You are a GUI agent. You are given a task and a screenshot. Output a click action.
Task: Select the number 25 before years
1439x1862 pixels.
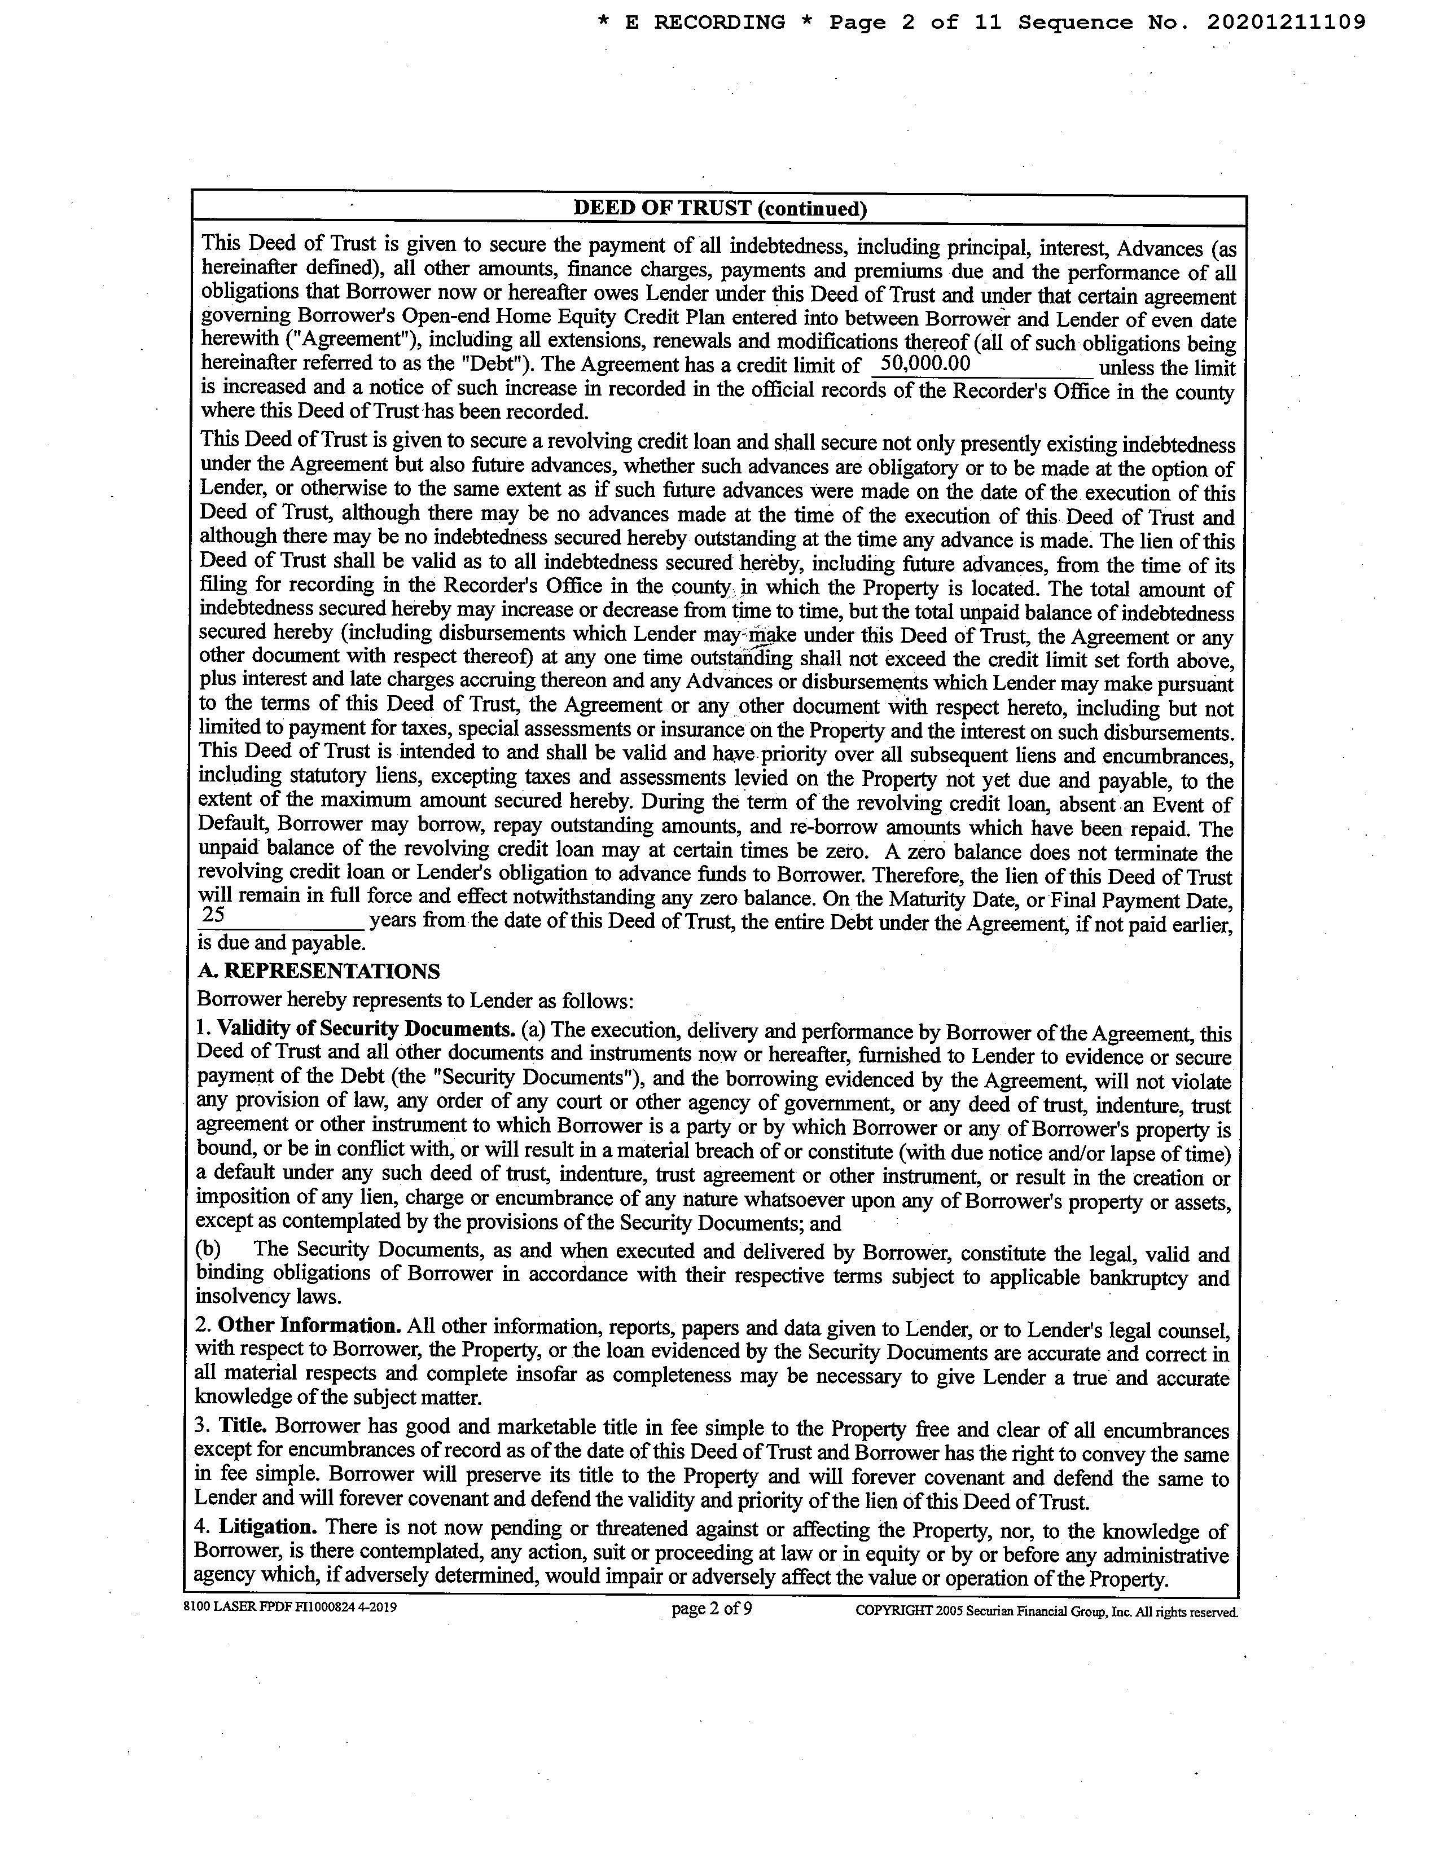coord(213,915)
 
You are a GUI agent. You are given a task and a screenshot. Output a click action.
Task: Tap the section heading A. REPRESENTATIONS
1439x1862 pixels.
coord(319,971)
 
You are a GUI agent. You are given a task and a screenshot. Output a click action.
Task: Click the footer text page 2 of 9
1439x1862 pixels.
coord(712,1609)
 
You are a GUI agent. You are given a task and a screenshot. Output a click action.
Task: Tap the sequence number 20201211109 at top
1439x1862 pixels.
coord(1286,23)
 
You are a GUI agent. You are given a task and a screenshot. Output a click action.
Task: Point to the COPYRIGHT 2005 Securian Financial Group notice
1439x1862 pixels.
coord(1045,1611)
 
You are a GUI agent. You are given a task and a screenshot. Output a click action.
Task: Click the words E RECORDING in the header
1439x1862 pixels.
coord(705,23)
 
